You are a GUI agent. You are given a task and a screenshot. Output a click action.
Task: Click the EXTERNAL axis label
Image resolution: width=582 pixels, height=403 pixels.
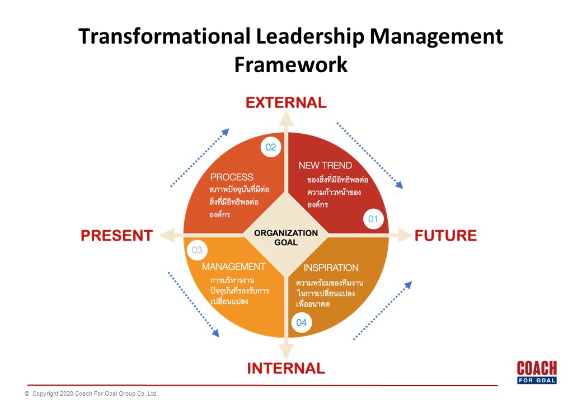coord(286,103)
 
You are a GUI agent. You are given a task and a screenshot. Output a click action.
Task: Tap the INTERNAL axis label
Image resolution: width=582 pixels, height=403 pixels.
coord(286,368)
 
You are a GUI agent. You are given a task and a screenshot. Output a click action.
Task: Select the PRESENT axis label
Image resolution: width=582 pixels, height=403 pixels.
coord(117,236)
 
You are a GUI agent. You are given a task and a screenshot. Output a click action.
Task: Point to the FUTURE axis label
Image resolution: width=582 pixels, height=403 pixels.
coord(445,236)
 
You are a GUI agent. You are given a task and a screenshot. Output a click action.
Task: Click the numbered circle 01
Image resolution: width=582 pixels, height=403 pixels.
coord(373,219)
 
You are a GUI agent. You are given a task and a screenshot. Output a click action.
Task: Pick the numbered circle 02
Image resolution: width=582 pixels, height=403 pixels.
coord(271,147)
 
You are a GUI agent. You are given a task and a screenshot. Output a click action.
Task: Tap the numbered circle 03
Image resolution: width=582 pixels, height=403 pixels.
coord(197,250)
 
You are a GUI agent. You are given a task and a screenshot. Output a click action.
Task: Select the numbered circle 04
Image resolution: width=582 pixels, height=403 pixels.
coord(302,322)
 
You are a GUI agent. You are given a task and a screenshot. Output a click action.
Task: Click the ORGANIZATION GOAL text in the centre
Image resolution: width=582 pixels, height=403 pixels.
coord(286,237)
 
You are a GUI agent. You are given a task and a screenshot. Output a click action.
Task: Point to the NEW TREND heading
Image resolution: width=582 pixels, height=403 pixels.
coord(325,166)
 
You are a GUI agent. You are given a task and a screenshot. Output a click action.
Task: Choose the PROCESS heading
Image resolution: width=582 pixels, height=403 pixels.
coord(232,177)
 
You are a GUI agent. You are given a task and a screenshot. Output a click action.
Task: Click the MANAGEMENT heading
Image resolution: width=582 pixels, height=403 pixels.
coord(233,266)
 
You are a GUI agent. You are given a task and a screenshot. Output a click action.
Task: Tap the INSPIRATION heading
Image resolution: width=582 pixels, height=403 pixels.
coord(331,268)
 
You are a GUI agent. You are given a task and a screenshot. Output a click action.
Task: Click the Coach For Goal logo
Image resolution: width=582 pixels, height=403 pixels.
coord(537,372)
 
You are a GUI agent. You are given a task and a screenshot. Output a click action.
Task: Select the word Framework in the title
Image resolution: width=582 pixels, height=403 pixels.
coord(291,64)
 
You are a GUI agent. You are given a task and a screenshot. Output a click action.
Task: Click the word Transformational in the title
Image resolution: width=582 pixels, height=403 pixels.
coord(165,36)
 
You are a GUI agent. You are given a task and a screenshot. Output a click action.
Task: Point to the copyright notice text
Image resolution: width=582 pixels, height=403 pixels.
coord(91,393)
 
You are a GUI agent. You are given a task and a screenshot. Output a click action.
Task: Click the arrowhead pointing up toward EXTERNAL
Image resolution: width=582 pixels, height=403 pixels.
coord(286,119)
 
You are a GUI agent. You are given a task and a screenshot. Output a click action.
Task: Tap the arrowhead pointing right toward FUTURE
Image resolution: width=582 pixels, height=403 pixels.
coord(405,235)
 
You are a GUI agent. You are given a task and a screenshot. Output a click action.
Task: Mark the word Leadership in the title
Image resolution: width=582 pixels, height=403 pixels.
coord(310,37)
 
